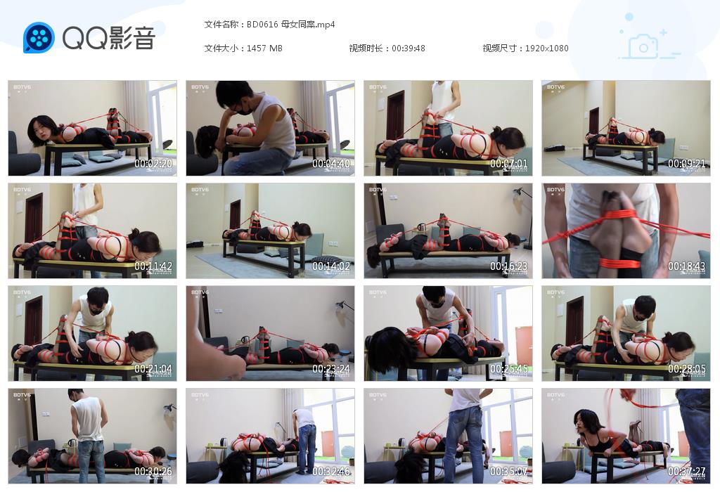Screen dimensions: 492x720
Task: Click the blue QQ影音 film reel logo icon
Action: pos(39,37)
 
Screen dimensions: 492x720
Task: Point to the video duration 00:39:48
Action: pos(409,48)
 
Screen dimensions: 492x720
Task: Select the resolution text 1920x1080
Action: pos(546,48)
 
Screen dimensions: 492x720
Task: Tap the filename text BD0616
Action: pos(262,25)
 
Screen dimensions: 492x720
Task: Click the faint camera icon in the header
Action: pos(643,46)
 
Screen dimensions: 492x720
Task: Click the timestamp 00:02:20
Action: pos(153,164)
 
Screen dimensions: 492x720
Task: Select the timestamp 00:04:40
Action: pos(331,164)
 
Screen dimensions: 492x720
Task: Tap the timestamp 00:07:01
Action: pos(509,164)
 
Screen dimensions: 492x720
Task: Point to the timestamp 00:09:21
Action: pos(687,164)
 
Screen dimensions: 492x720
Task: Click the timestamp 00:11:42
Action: pos(153,266)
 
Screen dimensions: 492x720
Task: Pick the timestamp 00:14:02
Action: pos(331,266)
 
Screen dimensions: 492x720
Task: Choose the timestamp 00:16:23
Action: pos(509,266)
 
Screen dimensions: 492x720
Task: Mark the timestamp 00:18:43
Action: pos(687,266)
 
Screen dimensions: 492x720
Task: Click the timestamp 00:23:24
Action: pos(331,369)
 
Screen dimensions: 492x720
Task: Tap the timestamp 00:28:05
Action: pos(687,369)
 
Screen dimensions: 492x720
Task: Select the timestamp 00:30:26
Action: pos(153,472)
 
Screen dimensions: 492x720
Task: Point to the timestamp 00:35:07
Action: pos(509,472)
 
